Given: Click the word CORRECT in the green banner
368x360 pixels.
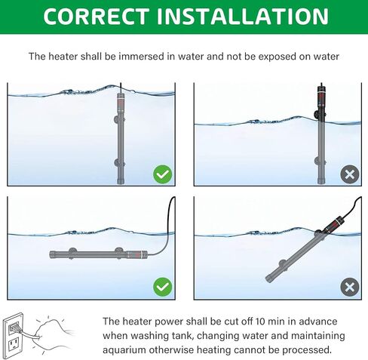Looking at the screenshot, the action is click(97, 17).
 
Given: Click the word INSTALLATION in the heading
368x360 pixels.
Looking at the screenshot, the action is click(243, 17).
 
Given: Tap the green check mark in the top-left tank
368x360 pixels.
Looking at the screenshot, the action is click(163, 174).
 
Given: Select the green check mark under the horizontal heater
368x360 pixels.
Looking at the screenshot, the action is click(163, 287).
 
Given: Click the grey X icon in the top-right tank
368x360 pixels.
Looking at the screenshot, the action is click(350, 174).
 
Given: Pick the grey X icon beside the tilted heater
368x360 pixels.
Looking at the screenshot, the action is click(350, 287).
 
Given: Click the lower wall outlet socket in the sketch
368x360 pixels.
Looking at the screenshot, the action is click(14, 344).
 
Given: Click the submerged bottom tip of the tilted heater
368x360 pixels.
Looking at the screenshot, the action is click(268, 278).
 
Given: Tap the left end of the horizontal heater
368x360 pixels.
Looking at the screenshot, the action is click(51, 254).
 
